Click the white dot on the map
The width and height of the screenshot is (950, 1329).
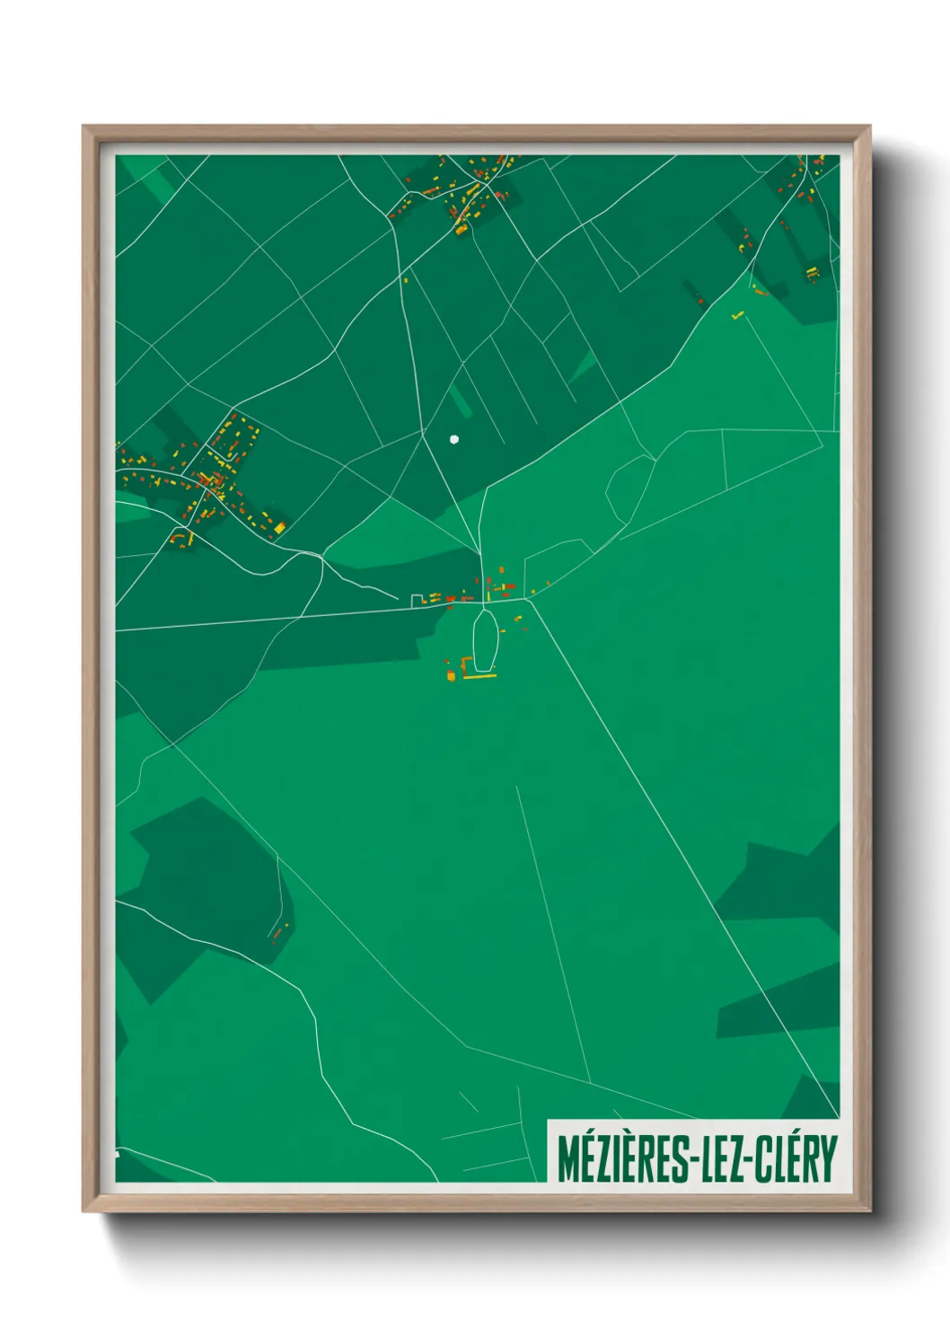(453, 439)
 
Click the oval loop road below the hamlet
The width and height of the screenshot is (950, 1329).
(484, 639)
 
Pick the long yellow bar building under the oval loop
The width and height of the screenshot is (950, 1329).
(479, 676)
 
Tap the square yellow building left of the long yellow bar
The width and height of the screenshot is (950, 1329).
(451, 674)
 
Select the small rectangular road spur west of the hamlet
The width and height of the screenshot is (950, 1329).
(418, 600)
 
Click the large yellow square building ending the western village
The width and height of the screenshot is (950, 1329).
(279, 527)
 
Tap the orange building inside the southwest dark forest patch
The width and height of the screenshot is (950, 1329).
(277, 934)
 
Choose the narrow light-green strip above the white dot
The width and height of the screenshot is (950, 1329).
(461, 400)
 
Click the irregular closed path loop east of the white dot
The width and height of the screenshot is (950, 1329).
(630, 489)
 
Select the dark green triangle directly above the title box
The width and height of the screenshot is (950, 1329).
(813, 1099)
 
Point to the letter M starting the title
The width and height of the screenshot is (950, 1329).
(567, 1158)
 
